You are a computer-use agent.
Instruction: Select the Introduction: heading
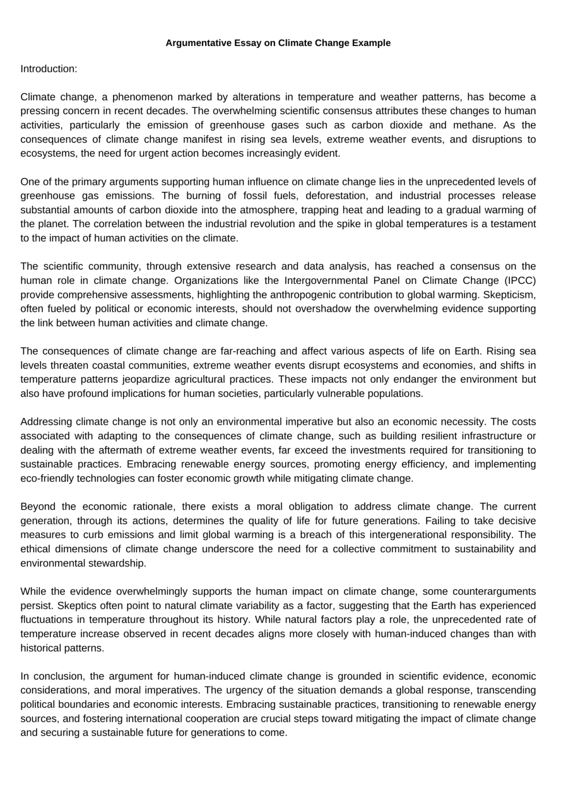pyautogui.click(x=49, y=69)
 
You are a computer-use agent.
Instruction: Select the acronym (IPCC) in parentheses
pyautogui.click(x=519, y=280)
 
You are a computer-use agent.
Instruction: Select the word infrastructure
pyautogui.click(x=491, y=436)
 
